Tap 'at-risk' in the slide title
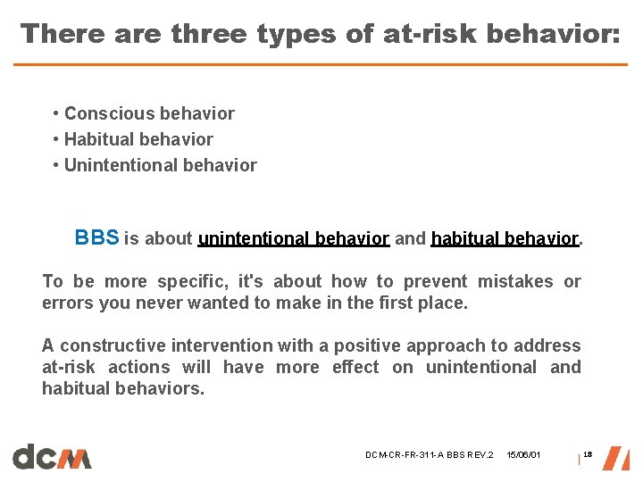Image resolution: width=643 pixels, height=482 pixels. coord(407,34)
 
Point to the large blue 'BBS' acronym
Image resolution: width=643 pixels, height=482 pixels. coord(96,237)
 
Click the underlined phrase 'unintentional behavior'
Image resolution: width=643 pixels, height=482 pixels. coord(293,238)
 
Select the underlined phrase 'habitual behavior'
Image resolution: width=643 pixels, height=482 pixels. coord(505,238)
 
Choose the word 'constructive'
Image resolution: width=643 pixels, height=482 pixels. coord(112,345)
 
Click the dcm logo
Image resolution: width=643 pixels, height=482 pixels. coord(52,456)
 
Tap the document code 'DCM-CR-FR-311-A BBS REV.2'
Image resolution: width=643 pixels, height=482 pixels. coord(429,456)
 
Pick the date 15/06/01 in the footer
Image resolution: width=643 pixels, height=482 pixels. coord(523,456)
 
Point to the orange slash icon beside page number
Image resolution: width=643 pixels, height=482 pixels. coord(615,457)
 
